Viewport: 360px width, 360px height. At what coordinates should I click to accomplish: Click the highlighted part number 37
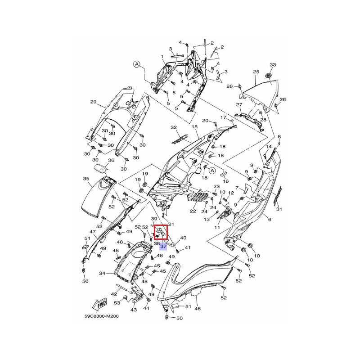(163, 247)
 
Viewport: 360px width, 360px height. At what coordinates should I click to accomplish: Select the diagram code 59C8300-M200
(102, 316)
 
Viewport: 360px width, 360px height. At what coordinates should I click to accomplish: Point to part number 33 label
(273, 65)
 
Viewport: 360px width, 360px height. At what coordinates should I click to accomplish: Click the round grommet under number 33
(268, 75)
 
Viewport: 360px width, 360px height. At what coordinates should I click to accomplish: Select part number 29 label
(93, 102)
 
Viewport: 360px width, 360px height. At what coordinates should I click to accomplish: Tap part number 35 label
(86, 178)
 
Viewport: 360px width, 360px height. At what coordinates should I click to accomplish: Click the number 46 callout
(198, 308)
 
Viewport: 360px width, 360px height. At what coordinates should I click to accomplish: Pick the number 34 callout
(103, 273)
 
